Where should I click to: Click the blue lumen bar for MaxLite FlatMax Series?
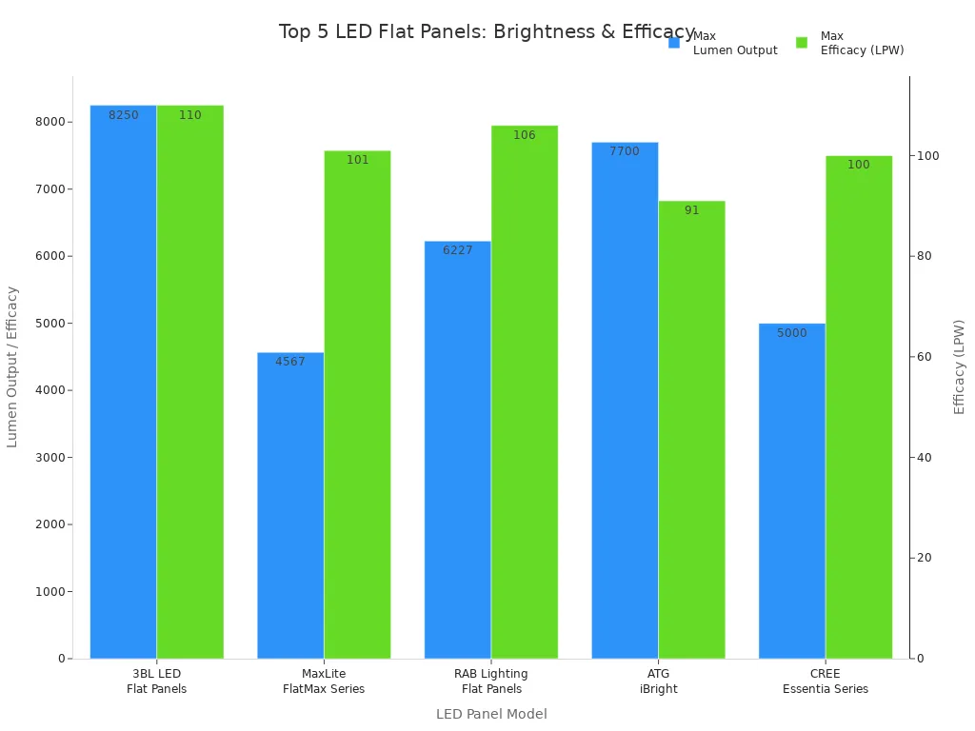pyautogui.click(x=290, y=504)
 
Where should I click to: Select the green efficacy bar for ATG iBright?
pyautogui.click(x=691, y=428)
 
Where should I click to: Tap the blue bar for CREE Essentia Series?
pyautogui.click(x=792, y=490)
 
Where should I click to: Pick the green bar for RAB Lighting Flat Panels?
pyautogui.click(x=525, y=390)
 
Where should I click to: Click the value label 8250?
pyautogui.click(x=124, y=115)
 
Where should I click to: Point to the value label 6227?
pyautogui.click(x=458, y=250)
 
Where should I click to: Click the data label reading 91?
pyautogui.click(x=691, y=210)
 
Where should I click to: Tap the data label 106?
pyautogui.click(x=525, y=135)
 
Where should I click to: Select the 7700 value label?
pyautogui.click(x=625, y=151)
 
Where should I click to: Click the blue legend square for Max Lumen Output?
pyautogui.click(x=674, y=43)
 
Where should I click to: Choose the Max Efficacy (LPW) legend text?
pyautogui.click(x=861, y=43)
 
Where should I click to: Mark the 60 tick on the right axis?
pyautogui.click(x=924, y=357)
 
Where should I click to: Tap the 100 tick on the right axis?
pyautogui.click(x=926, y=156)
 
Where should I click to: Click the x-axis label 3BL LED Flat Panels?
pyautogui.click(x=157, y=681)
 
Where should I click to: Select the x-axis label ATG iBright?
pyautogui.click(x=658, y=681)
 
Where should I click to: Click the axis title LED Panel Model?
pyautogui.click(x=491, y=714)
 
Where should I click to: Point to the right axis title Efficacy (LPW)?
pyautogui.click(x=960, y=366)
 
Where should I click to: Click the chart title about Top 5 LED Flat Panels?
pyautogui.click(x=487, y=31)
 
